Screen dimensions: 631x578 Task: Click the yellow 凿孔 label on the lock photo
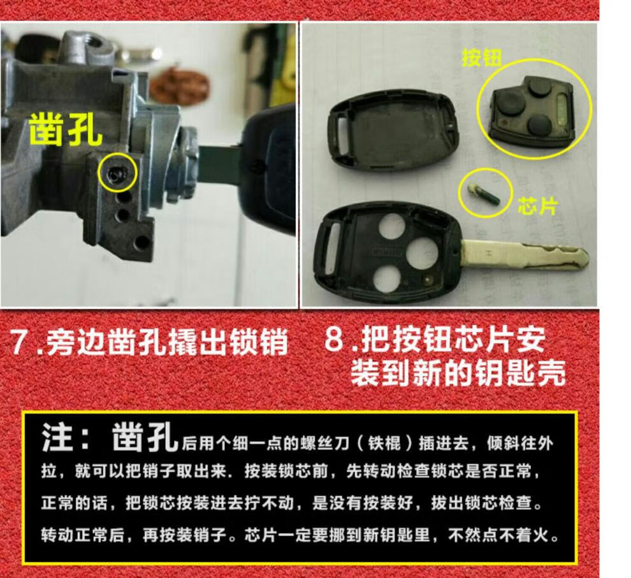click(65, 129)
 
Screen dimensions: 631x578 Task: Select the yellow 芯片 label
click(538, 206)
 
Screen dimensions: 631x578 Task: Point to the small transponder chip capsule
click(484, 194)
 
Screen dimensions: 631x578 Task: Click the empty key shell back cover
click(393, 131)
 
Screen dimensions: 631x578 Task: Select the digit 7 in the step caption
click(20, 343)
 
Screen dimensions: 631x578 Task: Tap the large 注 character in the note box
click(58, 437)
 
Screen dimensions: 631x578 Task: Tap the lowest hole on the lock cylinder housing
click(141, 243)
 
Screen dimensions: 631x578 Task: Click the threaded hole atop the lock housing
click(95, 41)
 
